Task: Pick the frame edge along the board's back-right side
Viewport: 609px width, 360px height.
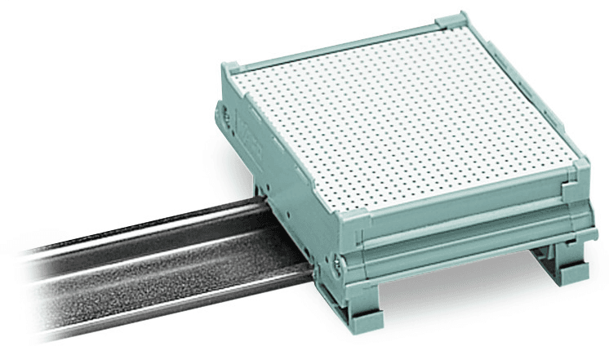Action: tap(522, 90)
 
